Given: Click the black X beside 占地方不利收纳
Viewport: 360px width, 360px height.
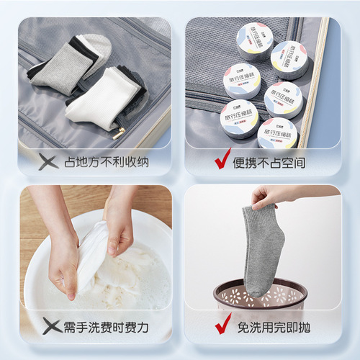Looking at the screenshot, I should [x=48, y=162].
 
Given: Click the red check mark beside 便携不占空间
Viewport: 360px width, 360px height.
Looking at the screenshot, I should [x=222, y=161].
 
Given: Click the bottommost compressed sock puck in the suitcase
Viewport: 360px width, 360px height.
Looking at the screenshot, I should [x=277, y=132].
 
